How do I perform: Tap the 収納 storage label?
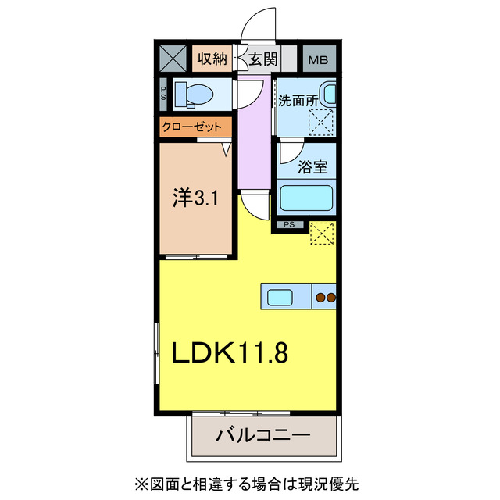pos(212,59)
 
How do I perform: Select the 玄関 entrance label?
pos(263,59)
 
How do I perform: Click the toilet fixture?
pos(194,95)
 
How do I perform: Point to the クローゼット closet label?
pos(191,127)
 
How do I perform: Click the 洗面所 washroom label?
pos(298,101)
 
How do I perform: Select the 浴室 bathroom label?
pos(312,166)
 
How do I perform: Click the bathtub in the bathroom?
pos(306,198)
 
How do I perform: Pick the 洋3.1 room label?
pos(195,198)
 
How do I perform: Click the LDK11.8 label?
pos(230,352)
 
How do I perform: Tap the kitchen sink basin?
pos(280,297)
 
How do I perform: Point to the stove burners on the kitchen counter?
pos(326,297)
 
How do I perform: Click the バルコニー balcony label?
pos(263,435)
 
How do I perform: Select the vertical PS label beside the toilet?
pos(163,94)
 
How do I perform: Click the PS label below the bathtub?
pos(290,225)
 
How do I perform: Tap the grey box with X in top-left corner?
pos(173,59)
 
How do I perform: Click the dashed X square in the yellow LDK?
pos(322,233)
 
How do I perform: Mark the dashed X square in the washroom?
pos(321,123)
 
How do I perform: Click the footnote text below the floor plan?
pos(247,484)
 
